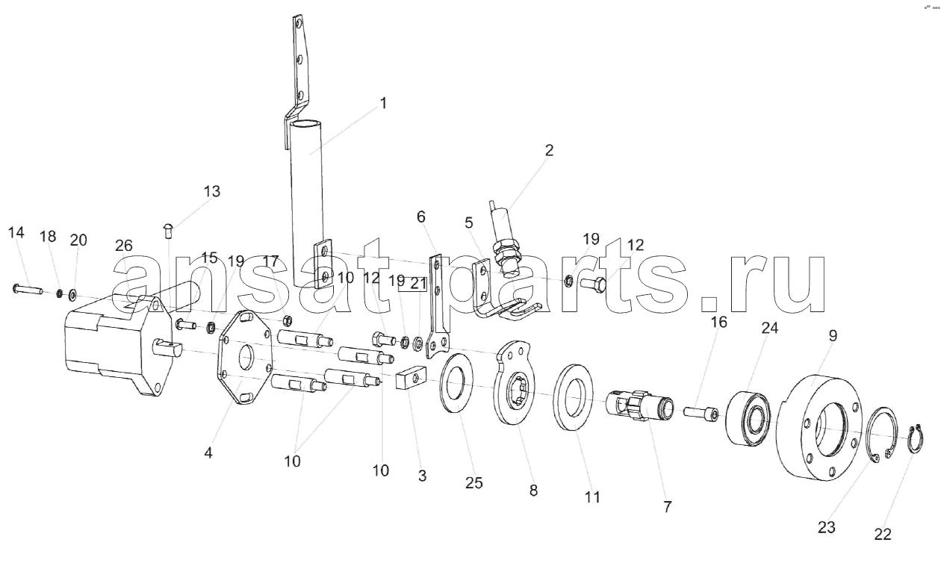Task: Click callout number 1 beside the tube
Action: pyautogui.click(x=382, y=103)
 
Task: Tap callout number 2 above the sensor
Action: pyautogui.click(x=549, y=150)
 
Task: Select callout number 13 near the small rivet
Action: pyautogui.click(x=212, y=191)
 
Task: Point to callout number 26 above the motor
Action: pyautogui.click(x=123, y=246)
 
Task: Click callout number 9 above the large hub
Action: pyautogui.click(x=833, y=335)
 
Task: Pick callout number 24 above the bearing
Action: pyautogui.click(x=769, y=328)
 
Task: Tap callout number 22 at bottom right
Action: pyautogui.click(x=883, y=535)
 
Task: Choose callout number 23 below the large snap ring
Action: pyautogui.click(x=826, y=527)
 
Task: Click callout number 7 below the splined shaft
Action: pyautogui.click(x=668, y=507)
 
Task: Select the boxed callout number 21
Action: pyautogui.click(x=418, y=284)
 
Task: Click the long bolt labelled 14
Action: pyautogui.click(x=28, y=289)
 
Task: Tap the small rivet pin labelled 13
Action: pyautogui.click(x=168, y=231)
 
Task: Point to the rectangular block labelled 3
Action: pyautogui.click(x=412, y=377)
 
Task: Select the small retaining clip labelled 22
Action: pyautogui.click(x=916, y=439)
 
